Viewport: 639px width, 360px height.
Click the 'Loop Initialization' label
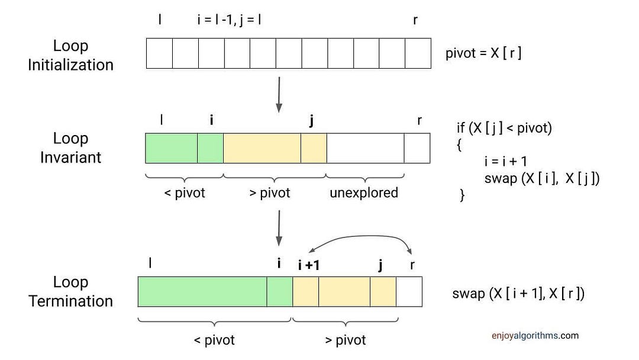70,54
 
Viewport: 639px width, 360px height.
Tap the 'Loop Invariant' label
70,147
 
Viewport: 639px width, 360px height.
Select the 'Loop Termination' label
70,291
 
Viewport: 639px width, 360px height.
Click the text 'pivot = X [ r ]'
483,53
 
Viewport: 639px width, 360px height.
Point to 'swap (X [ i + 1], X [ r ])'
518,293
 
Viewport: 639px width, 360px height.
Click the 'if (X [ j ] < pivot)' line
504,128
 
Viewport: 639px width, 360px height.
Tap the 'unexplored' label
364,192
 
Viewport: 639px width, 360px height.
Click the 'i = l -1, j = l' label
230,19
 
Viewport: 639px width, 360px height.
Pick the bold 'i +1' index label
308,265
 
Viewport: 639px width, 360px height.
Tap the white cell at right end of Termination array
409,291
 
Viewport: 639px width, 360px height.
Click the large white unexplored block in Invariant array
365,148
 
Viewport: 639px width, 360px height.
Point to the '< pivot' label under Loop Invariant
184,192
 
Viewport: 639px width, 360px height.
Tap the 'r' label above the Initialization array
416,19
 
